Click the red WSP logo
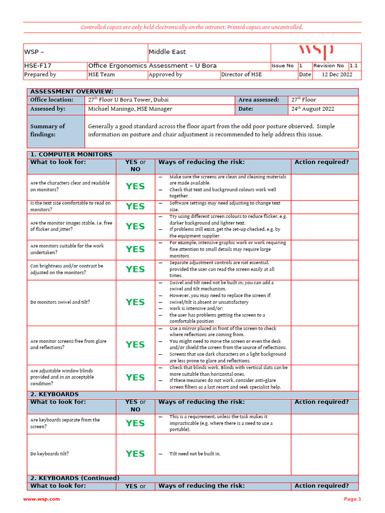[316, 52]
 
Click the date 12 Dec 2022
[337, 75]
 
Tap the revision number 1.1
[353, 66]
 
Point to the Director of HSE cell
[242, 75]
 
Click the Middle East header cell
[167, 52]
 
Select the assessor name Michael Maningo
[130, 109]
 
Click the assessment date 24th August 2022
[313, 109]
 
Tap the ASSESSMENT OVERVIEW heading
[72, 92]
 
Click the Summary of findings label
[48, 130]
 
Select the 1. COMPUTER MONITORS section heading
[71, 154]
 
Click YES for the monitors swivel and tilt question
[135, 302]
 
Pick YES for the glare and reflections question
[135, 345]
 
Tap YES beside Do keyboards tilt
[135, 454]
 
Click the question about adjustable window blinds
[62, 377]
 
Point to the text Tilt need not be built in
[195, 454]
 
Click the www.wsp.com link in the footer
[42, 499]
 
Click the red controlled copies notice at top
[192, 27]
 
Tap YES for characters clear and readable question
[135, 186]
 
